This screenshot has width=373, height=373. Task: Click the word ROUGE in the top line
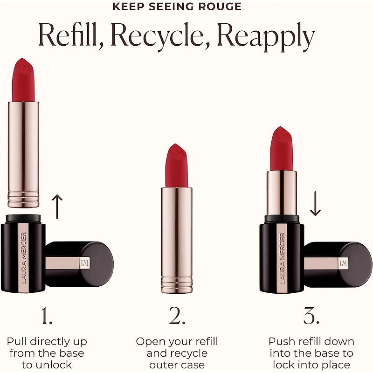[x=224, y=7]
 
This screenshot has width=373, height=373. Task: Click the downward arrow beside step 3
[x=315, y=204]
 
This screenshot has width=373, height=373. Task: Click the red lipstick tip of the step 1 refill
[x=24, y=79]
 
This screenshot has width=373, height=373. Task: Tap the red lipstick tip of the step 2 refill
[x=177, y=166]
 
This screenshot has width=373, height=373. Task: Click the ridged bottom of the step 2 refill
[x=177, y=284]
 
